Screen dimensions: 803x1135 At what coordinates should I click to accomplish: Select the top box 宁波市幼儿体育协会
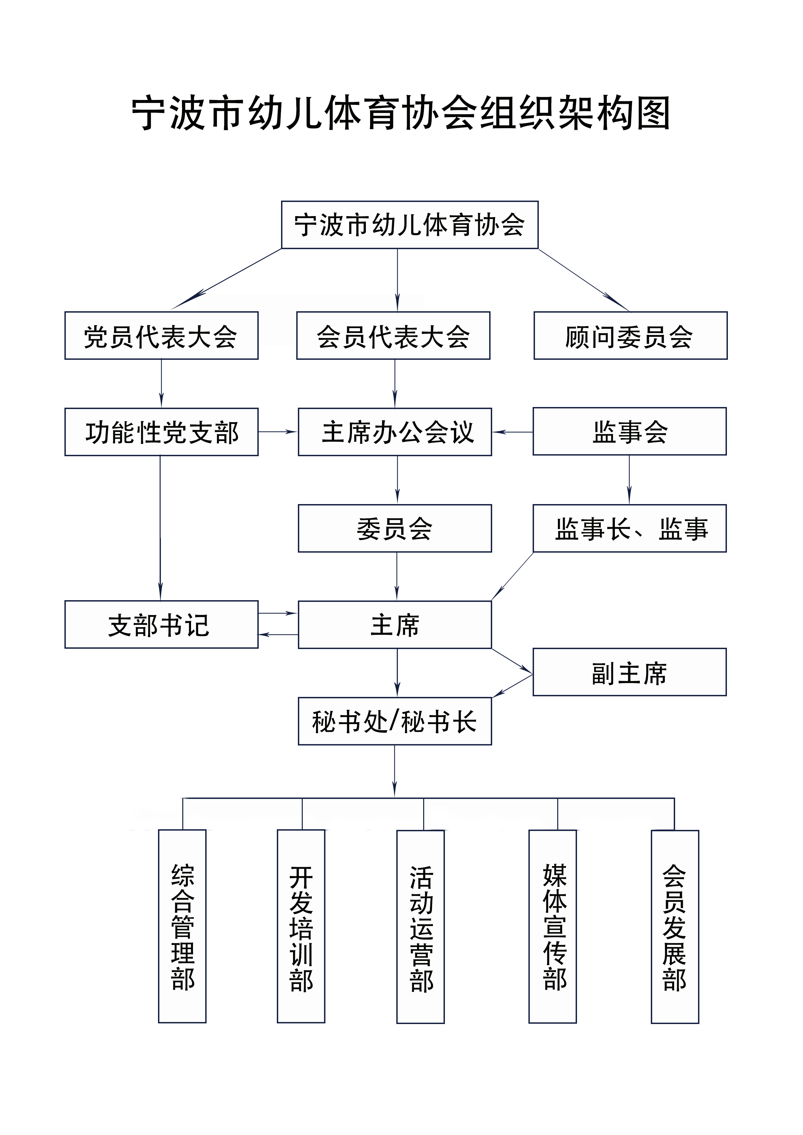(410, 225)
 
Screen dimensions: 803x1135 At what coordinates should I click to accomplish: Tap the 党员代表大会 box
(161, 335)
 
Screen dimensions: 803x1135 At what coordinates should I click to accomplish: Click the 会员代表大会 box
(393, 335)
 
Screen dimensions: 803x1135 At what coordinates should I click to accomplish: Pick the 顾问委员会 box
(631, 335)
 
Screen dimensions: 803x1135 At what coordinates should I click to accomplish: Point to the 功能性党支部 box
(161, 432)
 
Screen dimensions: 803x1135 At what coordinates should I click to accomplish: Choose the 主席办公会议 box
(395, 432)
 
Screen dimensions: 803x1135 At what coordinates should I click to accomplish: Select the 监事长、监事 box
(630, 528)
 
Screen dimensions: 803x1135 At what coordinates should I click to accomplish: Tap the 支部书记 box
(161, 624)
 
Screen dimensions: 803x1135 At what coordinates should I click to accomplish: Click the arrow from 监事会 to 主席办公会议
(513, 432)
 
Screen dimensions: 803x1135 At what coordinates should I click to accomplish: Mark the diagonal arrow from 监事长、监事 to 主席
(513, 577)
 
